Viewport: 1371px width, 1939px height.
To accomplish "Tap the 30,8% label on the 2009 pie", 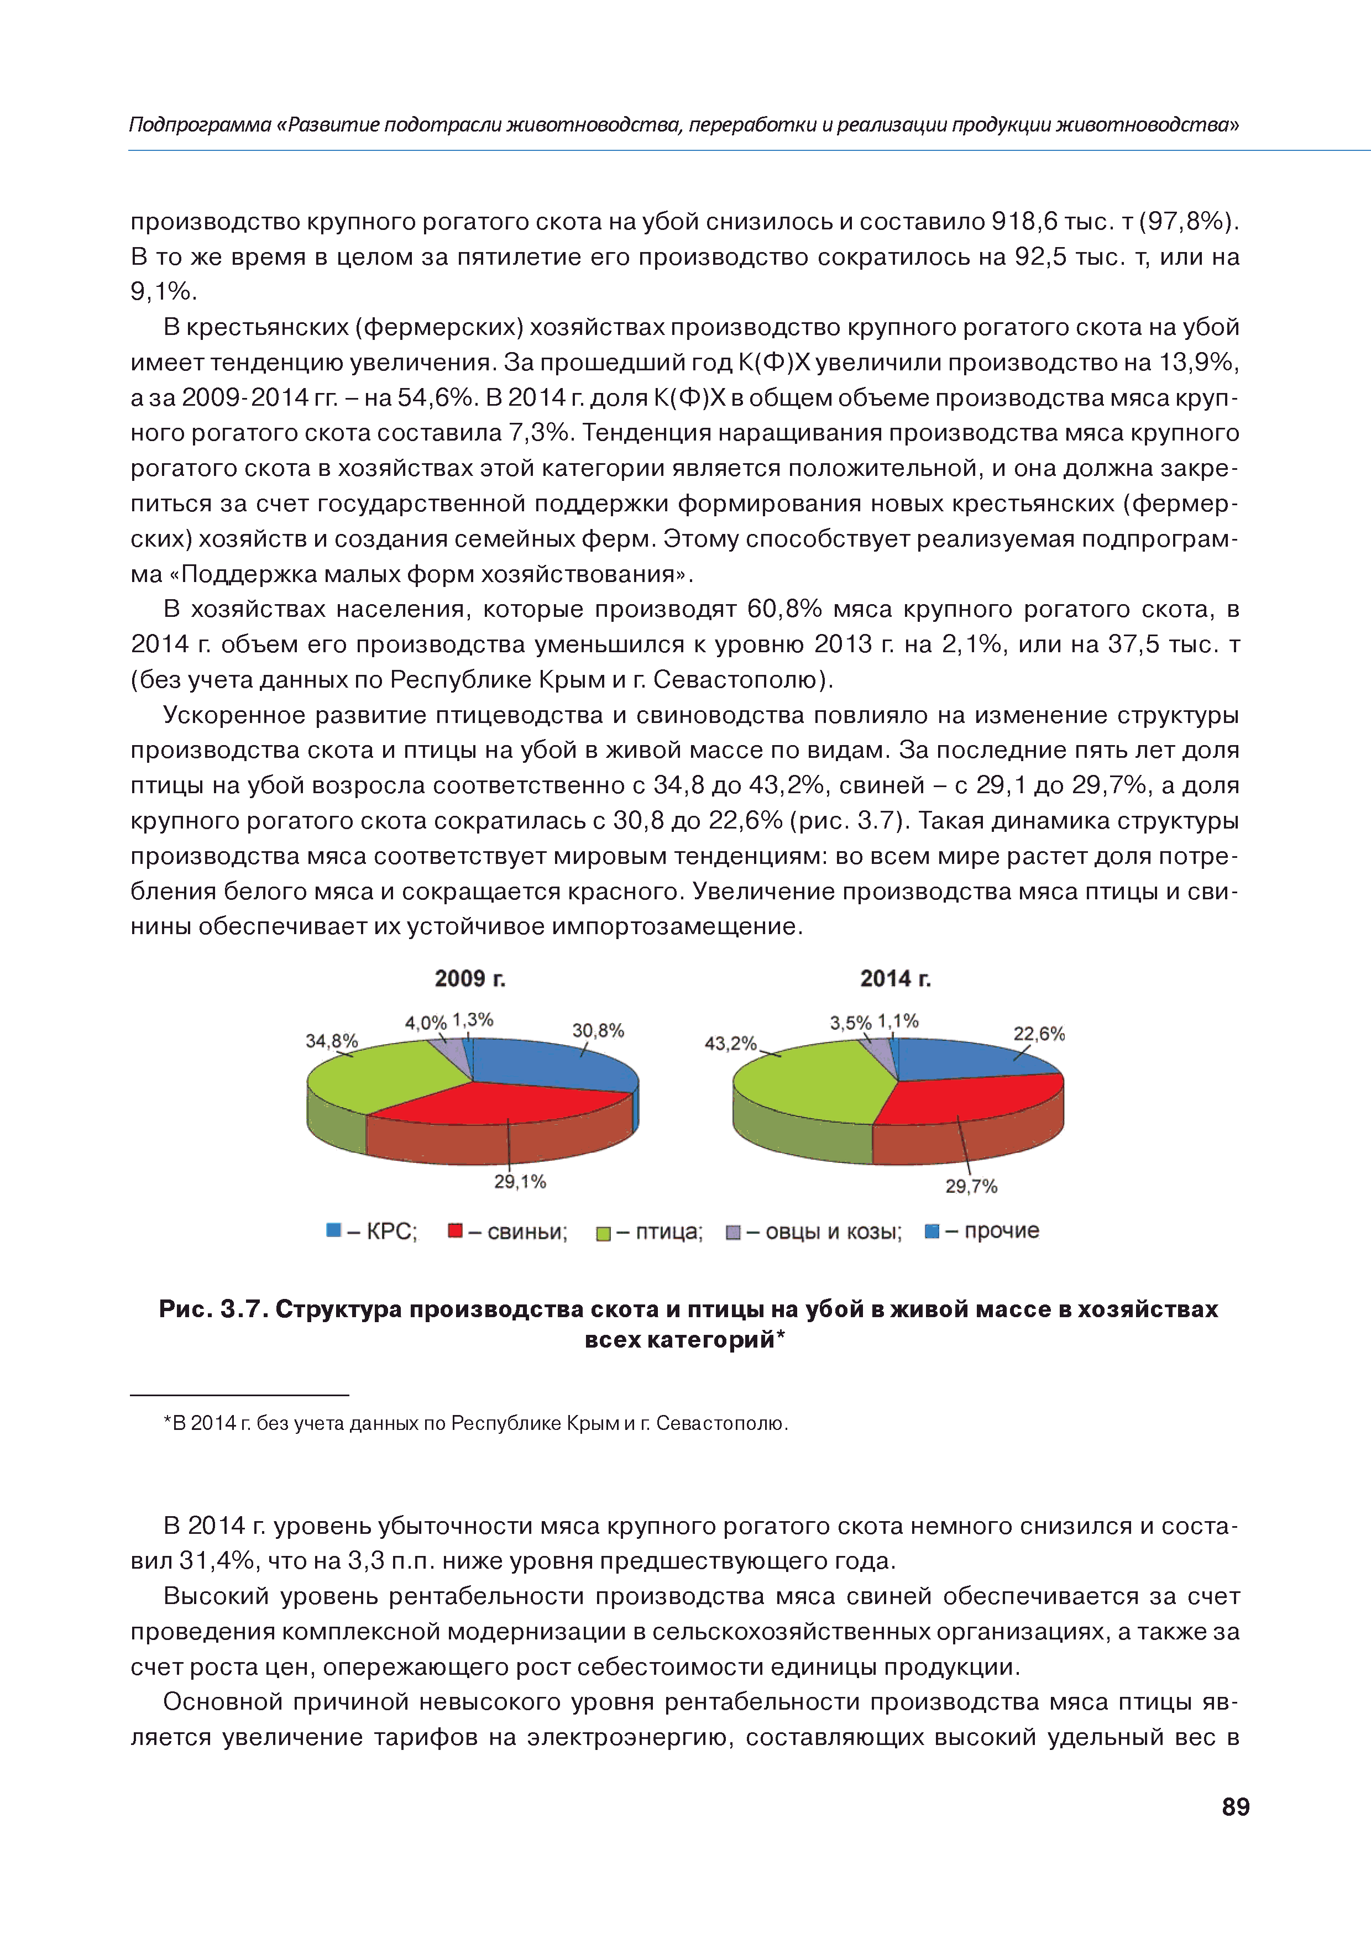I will (x=598, y=1030).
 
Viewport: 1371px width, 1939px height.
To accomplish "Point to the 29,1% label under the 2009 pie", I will (x=520, y=1181).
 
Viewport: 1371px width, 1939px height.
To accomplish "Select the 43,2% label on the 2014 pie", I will (x=731, y=1043).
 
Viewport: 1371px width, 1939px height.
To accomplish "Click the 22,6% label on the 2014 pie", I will (x=1039, y=1034).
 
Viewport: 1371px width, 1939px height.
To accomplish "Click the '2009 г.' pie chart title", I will (x=470, y=979).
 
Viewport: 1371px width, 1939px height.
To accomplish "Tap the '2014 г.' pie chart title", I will (x=896, y=979).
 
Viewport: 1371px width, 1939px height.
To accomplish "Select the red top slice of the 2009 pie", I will (x=499, y=1102).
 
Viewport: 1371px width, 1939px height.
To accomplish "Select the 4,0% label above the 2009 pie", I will (x=425, y=1023).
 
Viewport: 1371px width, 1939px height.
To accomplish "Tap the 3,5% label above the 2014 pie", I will (x=850, y=1023).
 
